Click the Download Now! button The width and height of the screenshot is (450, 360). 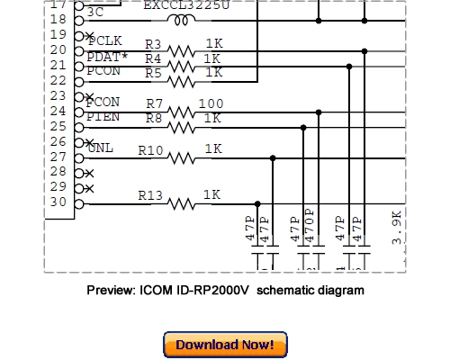225,345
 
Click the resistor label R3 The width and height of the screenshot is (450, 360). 153,44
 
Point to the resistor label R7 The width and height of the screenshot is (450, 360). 155,104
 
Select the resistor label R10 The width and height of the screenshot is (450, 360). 150,150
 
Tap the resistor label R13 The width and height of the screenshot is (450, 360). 150,195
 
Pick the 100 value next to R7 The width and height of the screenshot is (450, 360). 211,104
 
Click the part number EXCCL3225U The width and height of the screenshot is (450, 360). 186,4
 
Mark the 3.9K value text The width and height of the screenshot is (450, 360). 397,227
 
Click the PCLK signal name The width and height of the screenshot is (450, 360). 105,41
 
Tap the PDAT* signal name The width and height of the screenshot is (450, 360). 107,57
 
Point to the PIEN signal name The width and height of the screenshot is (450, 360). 103,117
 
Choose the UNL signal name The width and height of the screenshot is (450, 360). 101,148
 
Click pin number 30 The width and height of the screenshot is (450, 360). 58,202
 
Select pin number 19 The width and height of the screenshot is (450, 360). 58,34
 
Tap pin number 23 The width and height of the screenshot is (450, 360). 58,95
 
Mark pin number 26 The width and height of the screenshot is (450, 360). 58,141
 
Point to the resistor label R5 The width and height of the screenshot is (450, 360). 153,73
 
